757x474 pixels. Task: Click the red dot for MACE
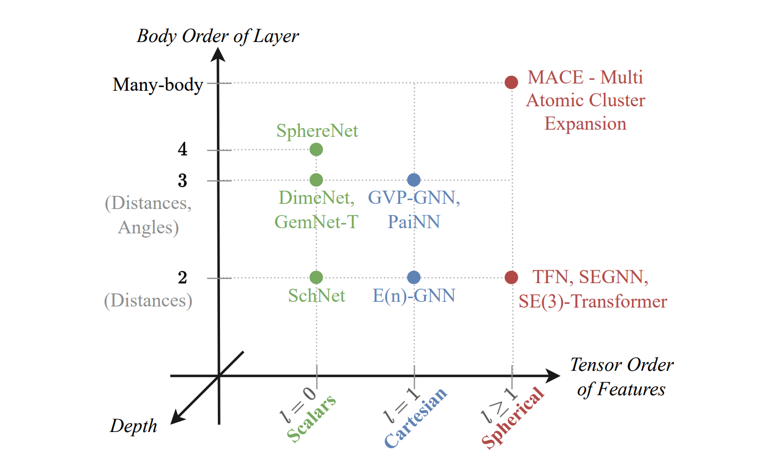[511, 82]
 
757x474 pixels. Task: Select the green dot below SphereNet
[316, 149]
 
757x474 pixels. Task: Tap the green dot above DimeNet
[316, 180]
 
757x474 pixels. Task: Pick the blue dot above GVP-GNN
[414, 180]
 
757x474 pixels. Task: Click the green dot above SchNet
[316, 277]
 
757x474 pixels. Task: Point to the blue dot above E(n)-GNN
[414, 277]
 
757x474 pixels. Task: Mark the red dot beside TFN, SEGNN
[511, 277]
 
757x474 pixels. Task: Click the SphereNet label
[316, 131]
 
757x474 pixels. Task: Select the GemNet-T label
[316, 222]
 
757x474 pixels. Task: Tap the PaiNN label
[414, 222]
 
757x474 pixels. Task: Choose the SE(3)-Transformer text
[593, 301]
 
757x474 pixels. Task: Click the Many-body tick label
[158, 84]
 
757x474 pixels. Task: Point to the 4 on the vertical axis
[183, 149]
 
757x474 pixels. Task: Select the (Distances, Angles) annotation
[148, 215]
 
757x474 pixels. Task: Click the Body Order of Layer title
[217, 36]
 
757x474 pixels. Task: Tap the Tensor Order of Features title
[621, 377]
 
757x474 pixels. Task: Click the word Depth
[133, 426]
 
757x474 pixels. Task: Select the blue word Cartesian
[415, 417]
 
